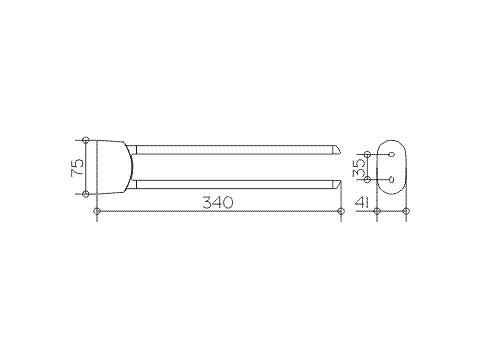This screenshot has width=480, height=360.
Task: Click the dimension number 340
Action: pyautogui.click(x=217, y=202)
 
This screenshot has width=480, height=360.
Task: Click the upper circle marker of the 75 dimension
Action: pyautogui.click(x=87, y=138)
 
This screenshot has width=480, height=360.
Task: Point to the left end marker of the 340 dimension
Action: pyautogui.click(x=97, y=211)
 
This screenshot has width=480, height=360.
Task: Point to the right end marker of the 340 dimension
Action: pyautogui.click(x=340, y=211)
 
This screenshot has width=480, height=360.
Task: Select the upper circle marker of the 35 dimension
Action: pyautogui.click(x=369, y=153)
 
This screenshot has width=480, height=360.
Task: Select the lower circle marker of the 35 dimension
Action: pyautogui.click(x=369, y=180)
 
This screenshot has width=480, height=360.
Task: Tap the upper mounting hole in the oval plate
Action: pyautogui.click(x=391, y=153)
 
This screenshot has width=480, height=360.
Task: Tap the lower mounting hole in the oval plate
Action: pyautogui.click(x=391, y=180)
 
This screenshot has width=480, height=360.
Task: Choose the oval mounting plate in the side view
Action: pyautogui.click(x=391, y=166)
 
